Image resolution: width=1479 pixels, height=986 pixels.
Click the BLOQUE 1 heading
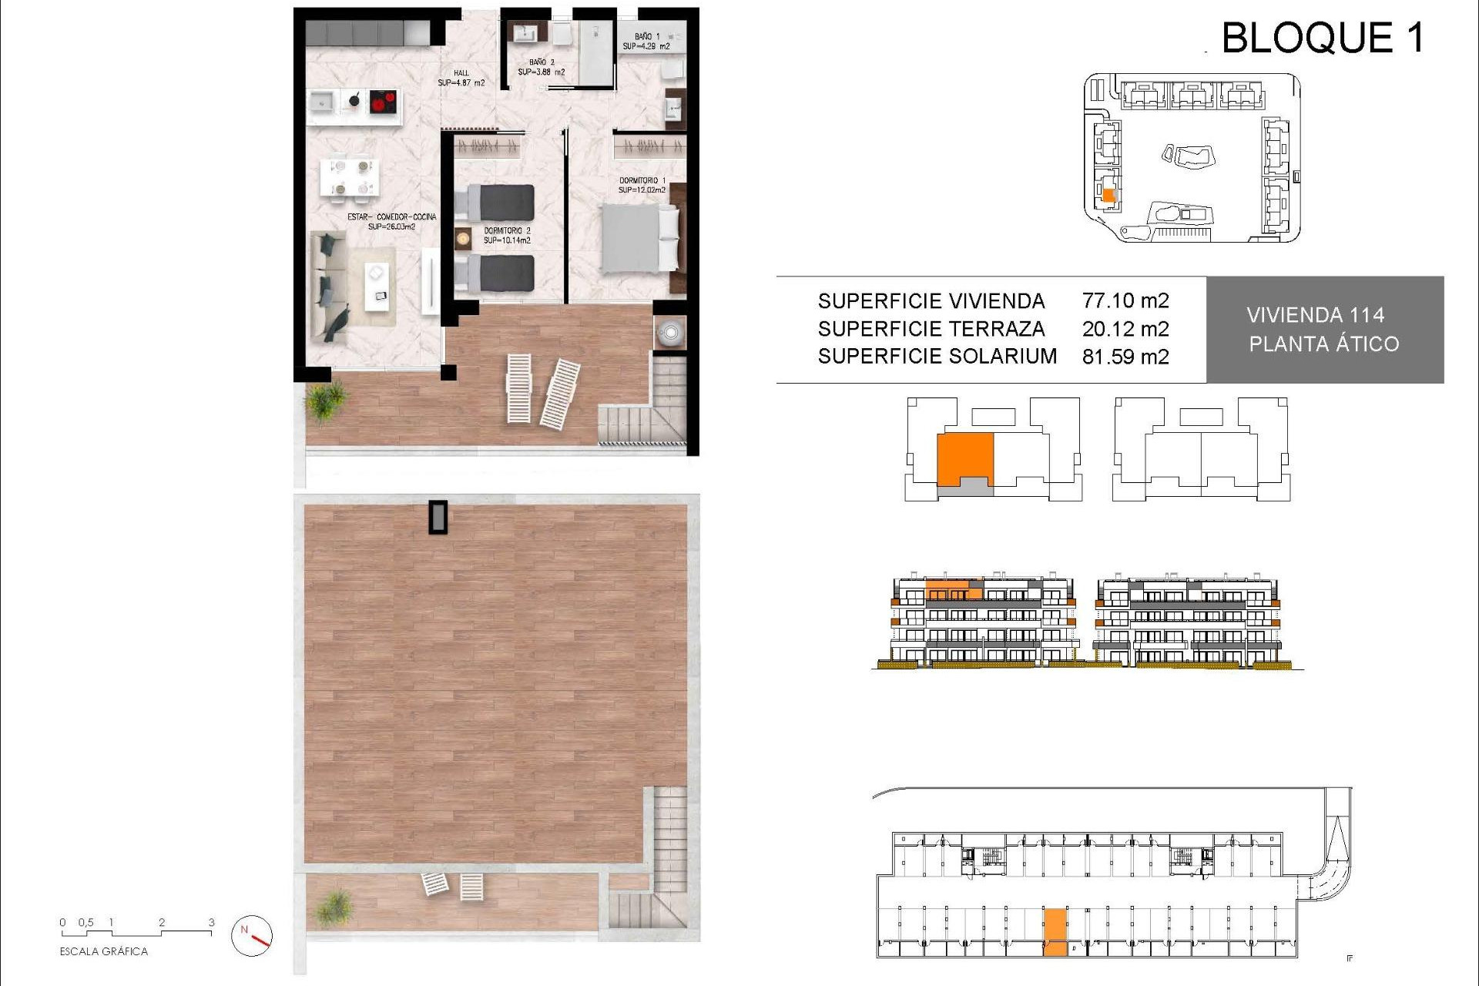pyautogui.click(x=1323, y=38)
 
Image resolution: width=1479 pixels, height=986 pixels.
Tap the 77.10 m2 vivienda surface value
pyautogui.click(x=1125, y=300)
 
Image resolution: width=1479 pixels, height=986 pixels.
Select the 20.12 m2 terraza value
pyautogui.click(x=1125, y=329)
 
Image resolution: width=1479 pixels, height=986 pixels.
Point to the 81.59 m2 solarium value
pyautogui.click(x=1125, y=357)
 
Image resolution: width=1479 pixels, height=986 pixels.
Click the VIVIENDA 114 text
pyautogui.click(x=1315, y=315)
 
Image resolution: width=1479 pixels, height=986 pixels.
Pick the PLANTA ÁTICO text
pyautogui.click(x=1323, y=344)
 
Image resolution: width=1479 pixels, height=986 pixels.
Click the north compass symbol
pyautogui.click(x=252, y=936)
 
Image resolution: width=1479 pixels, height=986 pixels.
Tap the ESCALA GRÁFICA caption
pyautogui.click(x=104, y=952)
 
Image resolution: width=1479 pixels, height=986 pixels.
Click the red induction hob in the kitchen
pyautogui.click(x=383, y=102)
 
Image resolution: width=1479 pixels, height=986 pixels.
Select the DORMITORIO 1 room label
pyautogui.click(x=642, y=185)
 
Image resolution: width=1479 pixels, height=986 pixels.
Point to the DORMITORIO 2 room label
pyautogui.click(x=507, y=235)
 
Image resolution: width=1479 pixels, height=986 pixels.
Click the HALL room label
pyautogui.click(x=461, y=78)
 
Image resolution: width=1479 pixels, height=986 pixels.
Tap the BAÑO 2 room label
pyautogui.click(x=541, y=67)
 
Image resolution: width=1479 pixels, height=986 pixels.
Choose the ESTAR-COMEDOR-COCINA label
pyautogui.click(x=391, y=222)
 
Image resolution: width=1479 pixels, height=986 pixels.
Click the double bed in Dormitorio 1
pyautogui.click(x=639, y=239)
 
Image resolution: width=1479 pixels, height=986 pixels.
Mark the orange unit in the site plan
pyautogui.click(x=1108, y=196)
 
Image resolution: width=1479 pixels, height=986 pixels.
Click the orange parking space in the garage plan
pyautogui.click(x=1055, y=932)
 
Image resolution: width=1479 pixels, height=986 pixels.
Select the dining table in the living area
pyautogui.click(x=350, y=177)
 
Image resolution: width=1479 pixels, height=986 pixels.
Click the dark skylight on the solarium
pyautogui.click(x=438, y=518)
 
